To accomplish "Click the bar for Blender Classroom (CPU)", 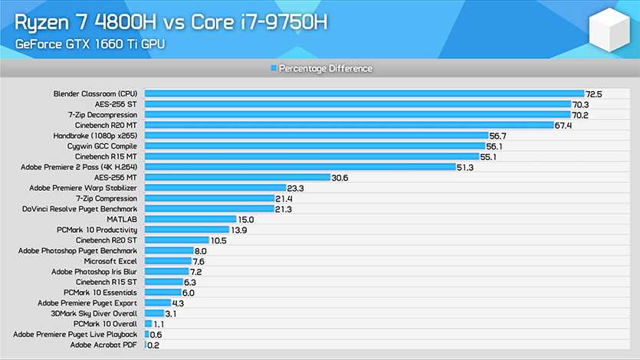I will (x=364, y=93).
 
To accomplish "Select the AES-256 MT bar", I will (x=238, y=177).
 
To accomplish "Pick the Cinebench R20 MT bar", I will (x=349, y=125).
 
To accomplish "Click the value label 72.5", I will (x=594, y=93).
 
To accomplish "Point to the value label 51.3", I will (x=464, y=167).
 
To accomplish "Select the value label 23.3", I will (x=295, y=188).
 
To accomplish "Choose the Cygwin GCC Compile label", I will (x=96, y=146).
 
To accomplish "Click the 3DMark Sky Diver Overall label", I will (x=94, y=313).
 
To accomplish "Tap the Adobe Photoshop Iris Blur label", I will (x=94, y=271).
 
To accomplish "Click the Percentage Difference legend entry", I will (x=322, y=69).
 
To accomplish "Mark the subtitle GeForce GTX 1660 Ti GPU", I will (x=89, y=45).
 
